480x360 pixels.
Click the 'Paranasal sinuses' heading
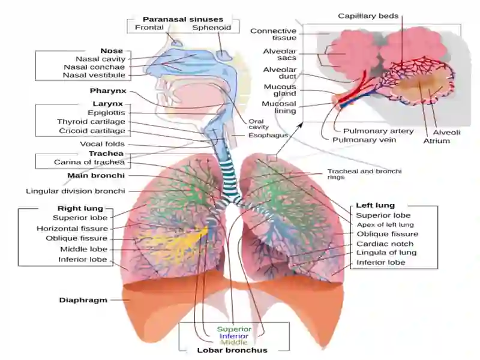point(183,19)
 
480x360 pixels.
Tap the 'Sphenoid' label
point(212,28)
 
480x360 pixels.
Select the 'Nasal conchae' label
point(94,67)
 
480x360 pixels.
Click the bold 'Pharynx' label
point(108,91)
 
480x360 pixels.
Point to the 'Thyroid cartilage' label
point(91,122)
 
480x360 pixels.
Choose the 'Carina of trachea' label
point(89,162)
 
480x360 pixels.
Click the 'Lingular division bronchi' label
point(76,191)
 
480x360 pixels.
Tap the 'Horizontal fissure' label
point(72,229)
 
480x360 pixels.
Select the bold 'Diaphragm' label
point(83,301)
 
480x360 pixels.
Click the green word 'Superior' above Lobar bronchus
point(234,329)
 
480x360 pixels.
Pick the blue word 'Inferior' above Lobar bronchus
point(234,336)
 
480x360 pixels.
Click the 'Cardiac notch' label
point(385,244)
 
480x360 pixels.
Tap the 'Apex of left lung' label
point(385,224)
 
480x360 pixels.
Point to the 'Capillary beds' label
point(368,16)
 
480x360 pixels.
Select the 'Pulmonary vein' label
point(364,140)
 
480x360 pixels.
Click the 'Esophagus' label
point(268,136)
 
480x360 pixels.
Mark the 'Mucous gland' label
point(280,91)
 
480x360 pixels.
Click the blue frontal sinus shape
point(177,42)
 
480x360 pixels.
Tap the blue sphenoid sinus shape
point(224,55)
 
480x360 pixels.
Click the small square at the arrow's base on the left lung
point(272,158)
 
